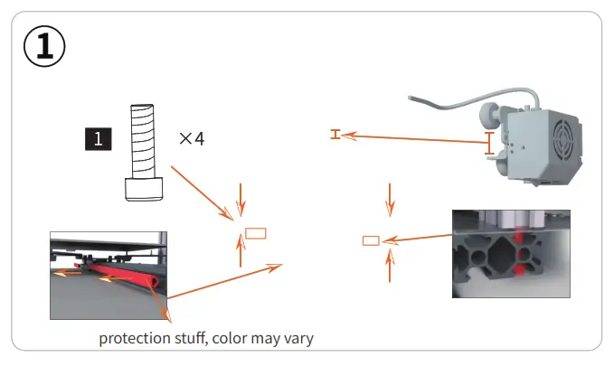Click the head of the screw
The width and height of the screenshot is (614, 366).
[144, 189]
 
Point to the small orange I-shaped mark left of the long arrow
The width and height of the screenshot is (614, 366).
[335, 135]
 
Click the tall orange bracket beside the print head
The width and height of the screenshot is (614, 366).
[490, 144]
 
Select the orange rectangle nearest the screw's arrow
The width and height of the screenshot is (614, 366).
[257, 232]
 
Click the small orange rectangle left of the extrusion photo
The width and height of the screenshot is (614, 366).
[370, 240]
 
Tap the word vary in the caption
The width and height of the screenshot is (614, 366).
[298, 340]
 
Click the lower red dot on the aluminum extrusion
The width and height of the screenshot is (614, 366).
[520, 268]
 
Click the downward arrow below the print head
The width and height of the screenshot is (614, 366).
[390, 199]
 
